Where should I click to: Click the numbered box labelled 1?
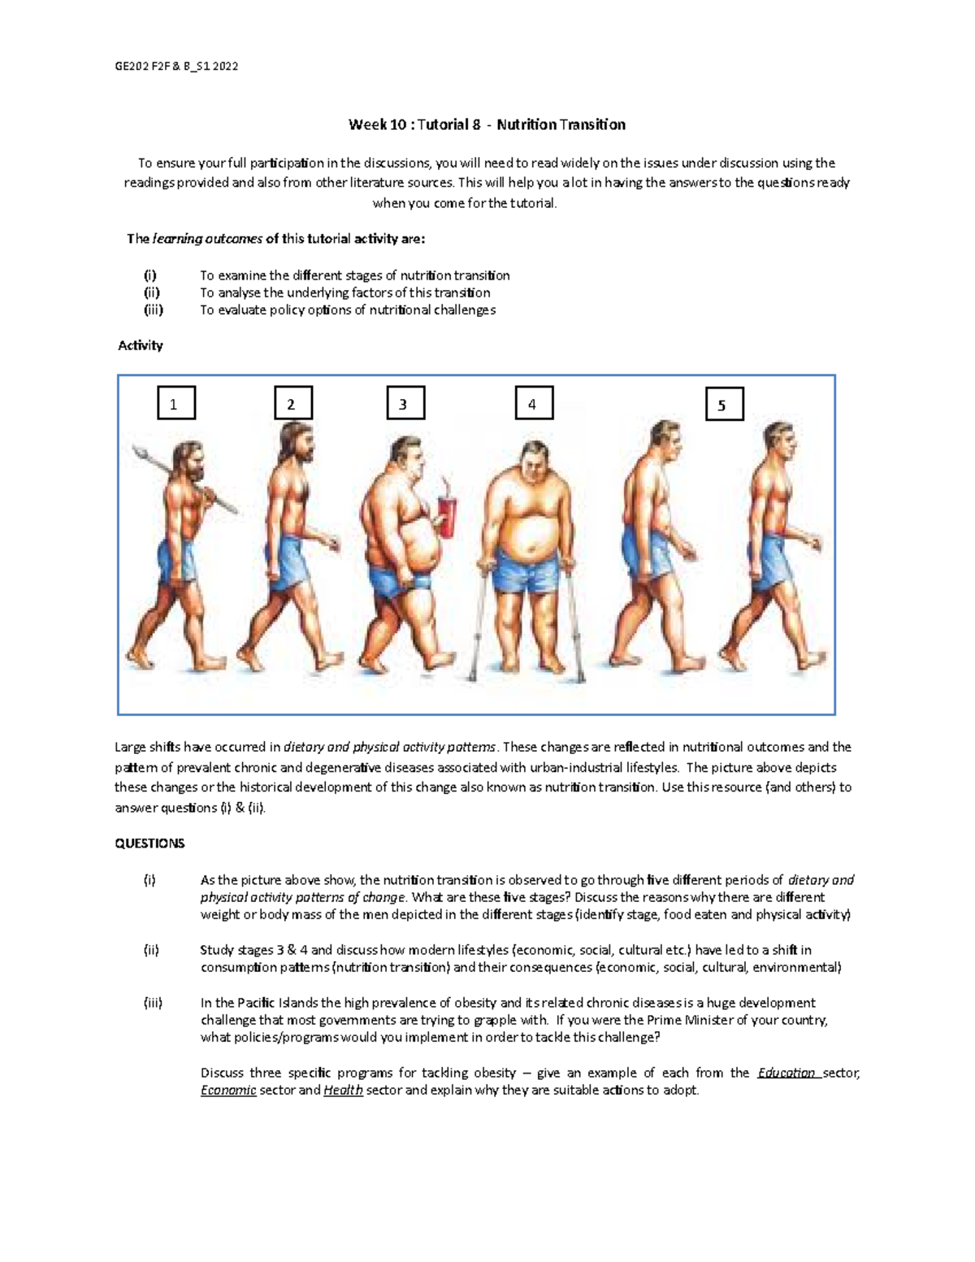[175, 404]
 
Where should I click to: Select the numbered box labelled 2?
[293, 404]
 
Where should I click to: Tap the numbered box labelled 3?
[405, 403]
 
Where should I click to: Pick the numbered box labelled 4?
[534, 403]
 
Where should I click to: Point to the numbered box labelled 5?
[724, 405]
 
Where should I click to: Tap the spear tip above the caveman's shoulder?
[140, 449]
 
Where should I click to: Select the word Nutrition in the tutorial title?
[526, 124]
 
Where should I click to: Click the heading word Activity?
[141, 345]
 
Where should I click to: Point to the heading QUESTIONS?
[149, 844]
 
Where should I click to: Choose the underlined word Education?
[786, 1073]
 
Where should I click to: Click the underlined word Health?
[343, 1091]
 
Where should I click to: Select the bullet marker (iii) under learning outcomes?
[153, 310]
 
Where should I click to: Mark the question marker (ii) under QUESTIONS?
[151, 950]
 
